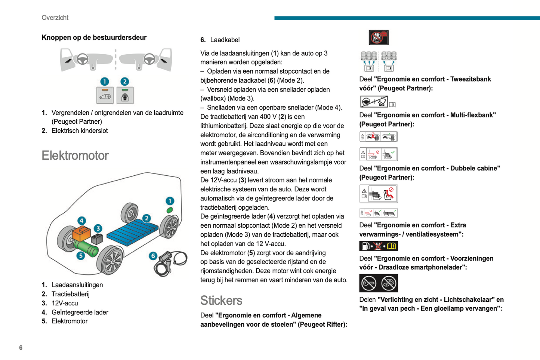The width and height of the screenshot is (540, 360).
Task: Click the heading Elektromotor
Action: point(75,156)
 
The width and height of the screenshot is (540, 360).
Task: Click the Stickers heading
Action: point(221,301)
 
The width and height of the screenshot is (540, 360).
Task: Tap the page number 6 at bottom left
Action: point(21,348)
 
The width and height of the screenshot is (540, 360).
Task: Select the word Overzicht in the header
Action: point(55,18)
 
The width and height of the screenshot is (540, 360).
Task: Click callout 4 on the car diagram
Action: point(81,221)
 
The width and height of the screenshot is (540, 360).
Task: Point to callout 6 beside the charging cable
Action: point(152,256)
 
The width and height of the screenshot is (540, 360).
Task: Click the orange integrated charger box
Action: point(81,234)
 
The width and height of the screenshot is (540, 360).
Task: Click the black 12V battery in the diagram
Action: point(97,239)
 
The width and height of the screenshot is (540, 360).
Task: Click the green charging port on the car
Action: point(170,210)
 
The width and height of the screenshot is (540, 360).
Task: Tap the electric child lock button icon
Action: point(125,95)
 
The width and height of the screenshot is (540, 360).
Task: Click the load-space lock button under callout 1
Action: point(105,95)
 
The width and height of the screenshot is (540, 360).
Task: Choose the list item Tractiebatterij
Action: point(70,294)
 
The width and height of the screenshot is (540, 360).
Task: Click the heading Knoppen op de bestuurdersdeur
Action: point(94,37)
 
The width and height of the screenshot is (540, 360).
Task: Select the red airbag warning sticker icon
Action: point(379,37)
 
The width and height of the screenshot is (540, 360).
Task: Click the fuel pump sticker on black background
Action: point(378,246)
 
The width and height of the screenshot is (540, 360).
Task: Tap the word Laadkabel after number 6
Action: point(225,40)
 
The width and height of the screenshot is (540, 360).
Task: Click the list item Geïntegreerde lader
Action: point(80,312)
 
